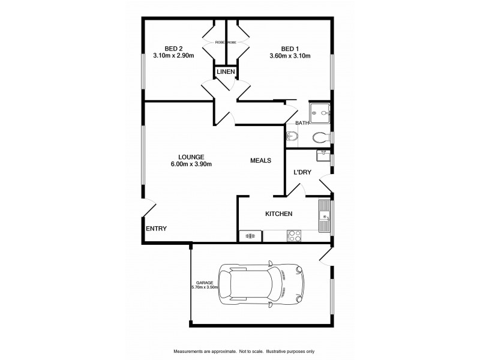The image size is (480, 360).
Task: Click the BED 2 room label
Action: coord(174,49)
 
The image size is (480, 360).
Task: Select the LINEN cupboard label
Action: coord(226,72)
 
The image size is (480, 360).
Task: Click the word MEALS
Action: coord(261,161)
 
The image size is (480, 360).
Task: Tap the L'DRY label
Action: coord(302,173)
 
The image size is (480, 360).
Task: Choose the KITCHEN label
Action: coord(279,214)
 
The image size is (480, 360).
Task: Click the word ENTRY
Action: coord(156,229)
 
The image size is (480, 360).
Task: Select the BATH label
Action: coord(302,124)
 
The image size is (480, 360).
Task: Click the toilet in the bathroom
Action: coord(292,137)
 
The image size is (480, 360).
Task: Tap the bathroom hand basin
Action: coord(319,137)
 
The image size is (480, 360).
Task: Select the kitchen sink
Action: coord(325,216)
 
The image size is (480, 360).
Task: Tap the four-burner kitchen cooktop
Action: coord(294,236)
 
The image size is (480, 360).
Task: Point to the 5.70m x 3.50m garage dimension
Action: coord(205,287)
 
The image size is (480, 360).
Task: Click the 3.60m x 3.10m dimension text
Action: coord(290,58)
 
